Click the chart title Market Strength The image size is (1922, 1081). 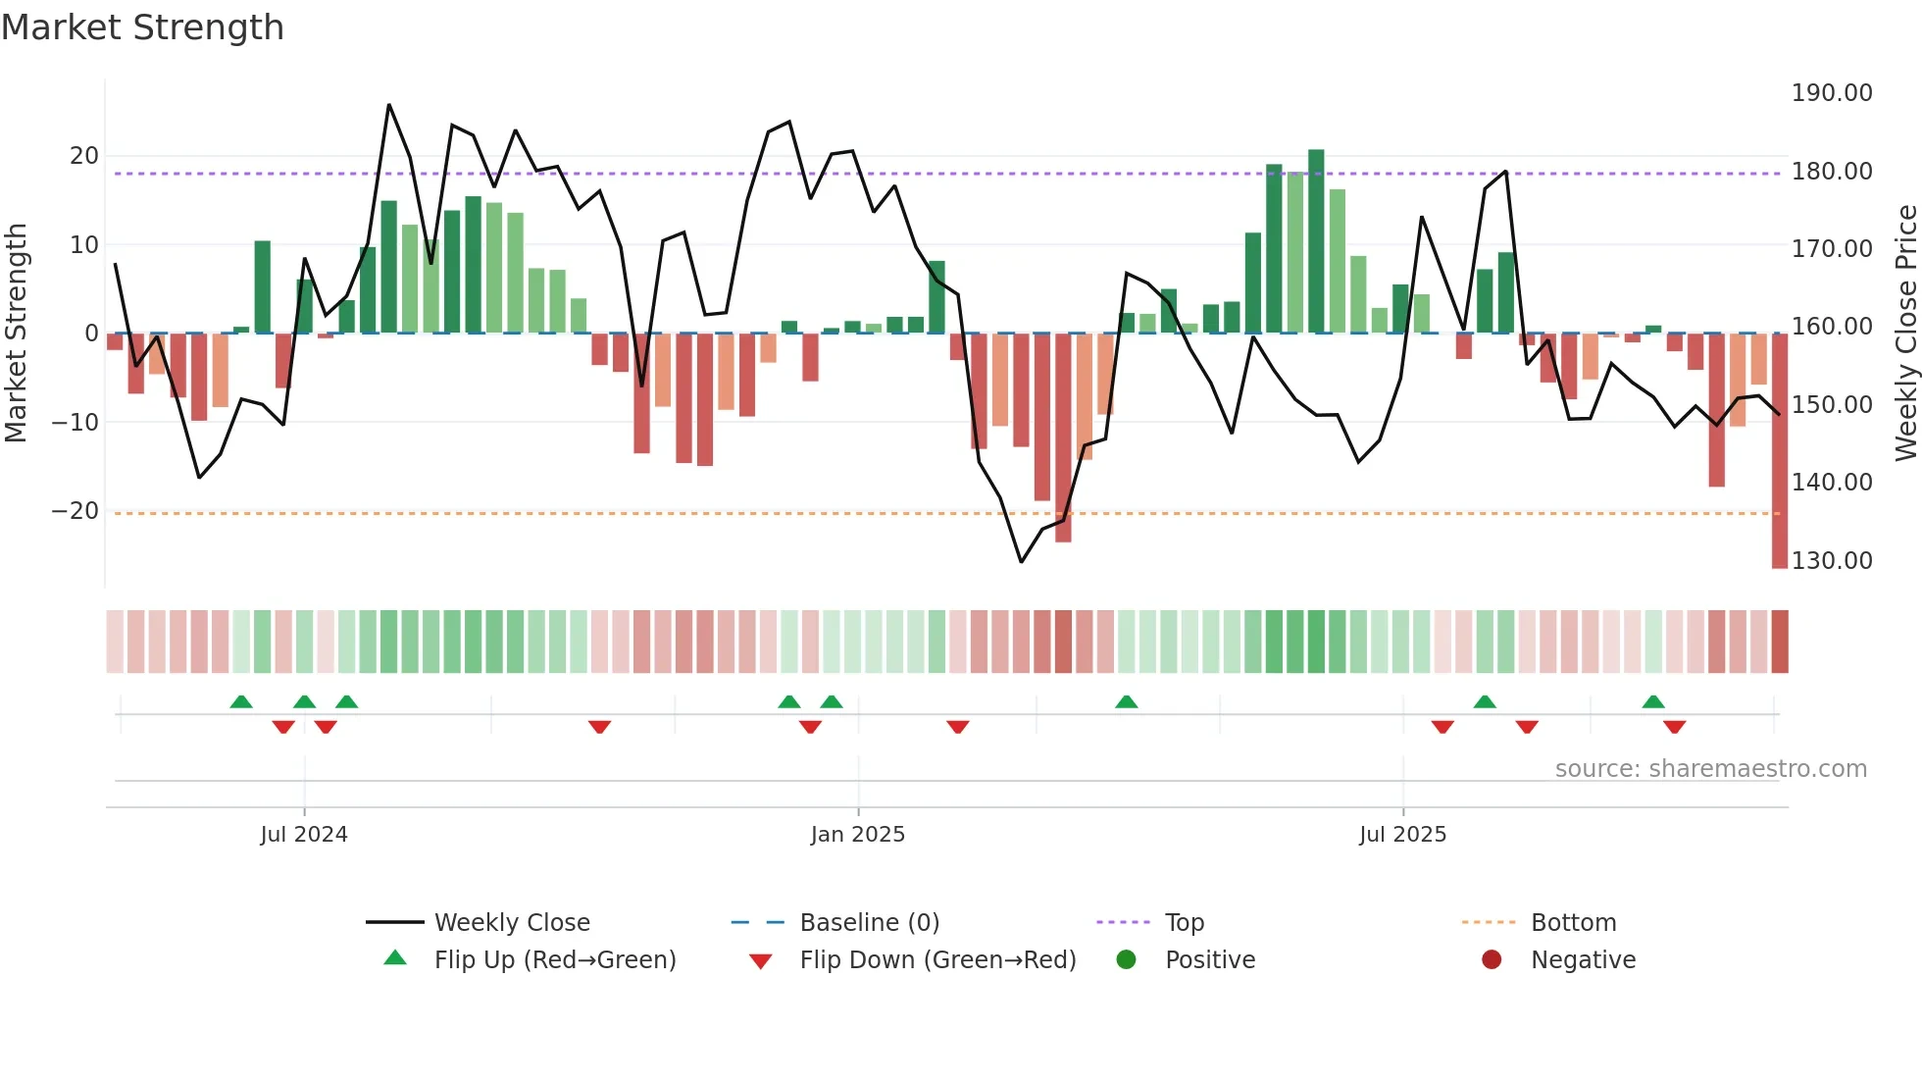[142, 27]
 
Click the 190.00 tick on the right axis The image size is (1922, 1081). [1831, 93]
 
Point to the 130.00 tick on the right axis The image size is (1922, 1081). [1831, 561]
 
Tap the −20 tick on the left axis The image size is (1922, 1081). [76, 511]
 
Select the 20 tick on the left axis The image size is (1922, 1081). [84, 156]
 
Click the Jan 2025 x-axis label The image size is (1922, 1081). [857, 835]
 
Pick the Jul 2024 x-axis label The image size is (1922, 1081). [304, 835]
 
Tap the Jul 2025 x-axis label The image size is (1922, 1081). [1402, 835]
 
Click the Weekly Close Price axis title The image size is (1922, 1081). [1905, 334]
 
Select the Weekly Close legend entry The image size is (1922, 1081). [511, 923]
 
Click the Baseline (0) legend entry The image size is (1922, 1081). [869, 923]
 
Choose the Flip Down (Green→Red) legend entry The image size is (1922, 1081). [936, 960]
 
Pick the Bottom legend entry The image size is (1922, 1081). [1573, 923]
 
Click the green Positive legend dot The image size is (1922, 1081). [1126, 960]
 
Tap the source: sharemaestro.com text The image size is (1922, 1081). [1710, 769]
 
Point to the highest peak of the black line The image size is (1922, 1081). [389, 105]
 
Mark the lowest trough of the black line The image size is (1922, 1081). [1021, 562]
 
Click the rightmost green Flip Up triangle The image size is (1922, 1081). [1653, 701]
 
